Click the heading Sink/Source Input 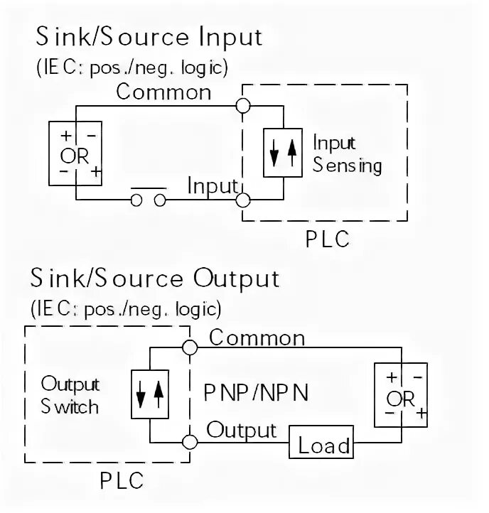(149, 37)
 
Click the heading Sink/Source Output (155, 279)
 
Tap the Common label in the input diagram (163, 92)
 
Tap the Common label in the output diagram (257, 337)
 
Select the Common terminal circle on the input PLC (243, 106)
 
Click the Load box (324, 446)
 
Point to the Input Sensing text (347, 154)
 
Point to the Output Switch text (70, 396)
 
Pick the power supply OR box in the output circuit (401, 396)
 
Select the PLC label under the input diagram (328, 239)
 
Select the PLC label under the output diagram (121, 481)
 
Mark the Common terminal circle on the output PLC (189, 347)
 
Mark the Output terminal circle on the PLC (189, 441)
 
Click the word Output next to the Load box (241, 430)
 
